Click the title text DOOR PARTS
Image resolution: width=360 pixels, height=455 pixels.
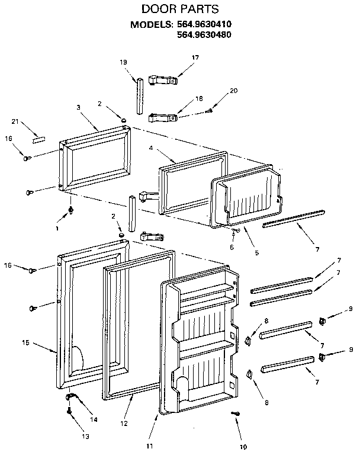180,9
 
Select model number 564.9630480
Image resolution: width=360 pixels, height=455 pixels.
204,35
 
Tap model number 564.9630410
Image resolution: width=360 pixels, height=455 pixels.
204,25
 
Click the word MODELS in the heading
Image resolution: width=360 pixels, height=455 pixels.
150,25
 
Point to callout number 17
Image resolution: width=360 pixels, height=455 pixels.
195,57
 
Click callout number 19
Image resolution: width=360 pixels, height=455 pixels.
123,62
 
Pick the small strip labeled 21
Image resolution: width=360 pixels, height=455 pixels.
37,140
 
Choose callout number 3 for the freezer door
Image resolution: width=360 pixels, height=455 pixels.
78,108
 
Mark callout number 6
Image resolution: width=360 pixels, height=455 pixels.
232,246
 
